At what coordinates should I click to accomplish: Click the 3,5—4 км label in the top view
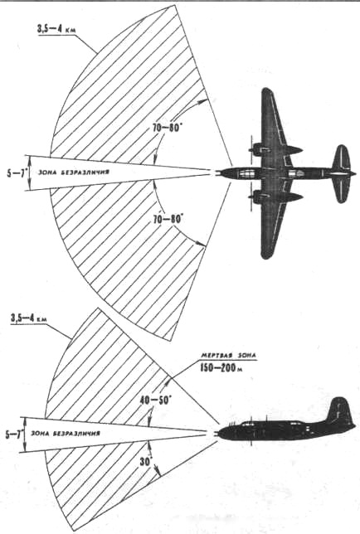56,29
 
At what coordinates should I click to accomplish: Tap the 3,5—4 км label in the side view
28,319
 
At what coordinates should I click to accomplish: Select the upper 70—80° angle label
167,129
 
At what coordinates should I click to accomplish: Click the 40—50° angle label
156,400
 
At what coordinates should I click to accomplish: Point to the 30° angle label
147,462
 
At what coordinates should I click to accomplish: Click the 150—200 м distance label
221,368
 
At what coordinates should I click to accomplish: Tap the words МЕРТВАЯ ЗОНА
228,356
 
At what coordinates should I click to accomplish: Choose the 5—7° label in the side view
14,434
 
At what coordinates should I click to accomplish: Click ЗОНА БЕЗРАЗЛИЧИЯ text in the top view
74,172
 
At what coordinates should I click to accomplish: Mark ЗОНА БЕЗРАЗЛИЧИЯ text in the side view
66,434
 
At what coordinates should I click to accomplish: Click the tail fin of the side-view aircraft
338,410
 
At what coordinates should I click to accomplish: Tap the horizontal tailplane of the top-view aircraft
341,173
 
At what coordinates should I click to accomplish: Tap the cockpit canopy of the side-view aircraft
253,424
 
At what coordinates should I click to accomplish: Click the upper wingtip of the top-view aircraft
266,91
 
